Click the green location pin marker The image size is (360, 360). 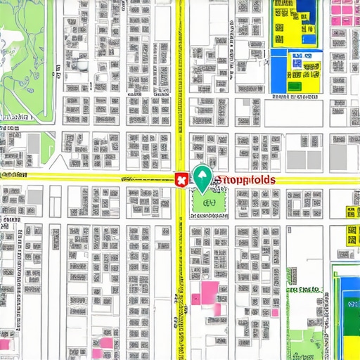[x=202, y=177]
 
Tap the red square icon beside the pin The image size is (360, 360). [x=180, y=181]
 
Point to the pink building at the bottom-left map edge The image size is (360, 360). [x=6, y=345]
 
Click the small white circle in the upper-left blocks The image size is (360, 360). [x=84, y=65]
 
